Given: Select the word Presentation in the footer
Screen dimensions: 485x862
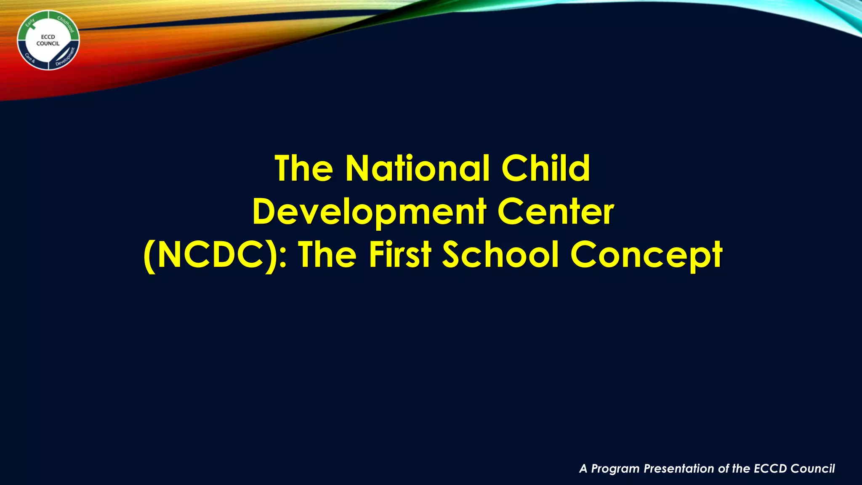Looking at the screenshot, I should tap(679, 469).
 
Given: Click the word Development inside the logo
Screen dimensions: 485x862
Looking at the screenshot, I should tap(66, 58).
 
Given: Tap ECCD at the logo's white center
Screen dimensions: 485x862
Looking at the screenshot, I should tap(48, 37).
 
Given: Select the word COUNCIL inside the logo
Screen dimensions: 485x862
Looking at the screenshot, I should tap(48, 43).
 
